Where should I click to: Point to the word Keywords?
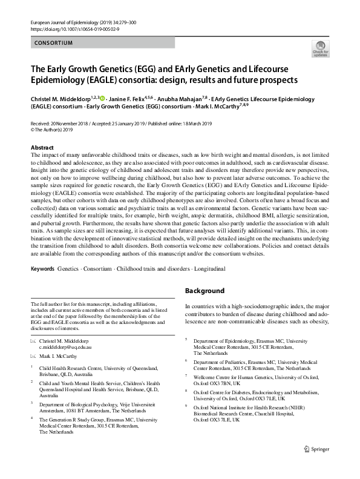click(x=42, y=268)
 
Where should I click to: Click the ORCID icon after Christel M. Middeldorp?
click(x=102, y=99)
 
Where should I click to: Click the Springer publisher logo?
click(x=316, y=466)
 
